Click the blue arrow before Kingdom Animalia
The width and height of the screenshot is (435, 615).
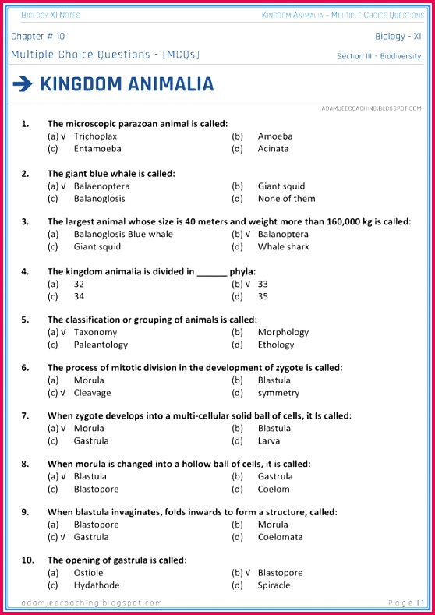pyautogui.click(x=22, y=84)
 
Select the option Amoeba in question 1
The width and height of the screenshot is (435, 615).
pyautogui.click(x=275, y=136)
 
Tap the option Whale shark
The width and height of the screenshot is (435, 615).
pyautogui.click(x=283, y=246)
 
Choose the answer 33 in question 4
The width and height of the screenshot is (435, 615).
pyautogui.click(x=263, y=284)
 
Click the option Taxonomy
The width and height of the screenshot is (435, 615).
pyautogui.click(x=95, y=332)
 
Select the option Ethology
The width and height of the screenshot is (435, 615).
pyautogui.click(x=276, y=345)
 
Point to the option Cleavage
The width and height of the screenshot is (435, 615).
pyautogui.click(x=92, y=393)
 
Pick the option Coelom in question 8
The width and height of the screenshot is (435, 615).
pyautogui.click(x=274, y=489)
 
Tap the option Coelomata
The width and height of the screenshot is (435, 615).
pyautogui.click(x=280, y=537)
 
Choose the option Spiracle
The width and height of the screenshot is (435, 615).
pyautogui.click(x=274, y=585)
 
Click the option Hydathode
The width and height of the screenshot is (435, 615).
pyautogui.click(x=97, y=585)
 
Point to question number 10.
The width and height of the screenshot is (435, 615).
pyautogui.click(x=27, y=560)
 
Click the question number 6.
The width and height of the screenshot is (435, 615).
pyautogui.click(x=25, y=367)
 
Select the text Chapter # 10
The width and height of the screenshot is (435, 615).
pyautogui.click(x=38, y=37)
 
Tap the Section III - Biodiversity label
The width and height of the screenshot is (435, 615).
pyautogui.click(x=379, y=56)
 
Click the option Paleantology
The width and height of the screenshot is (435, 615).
pyautogui.click(x=101, y=345)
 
